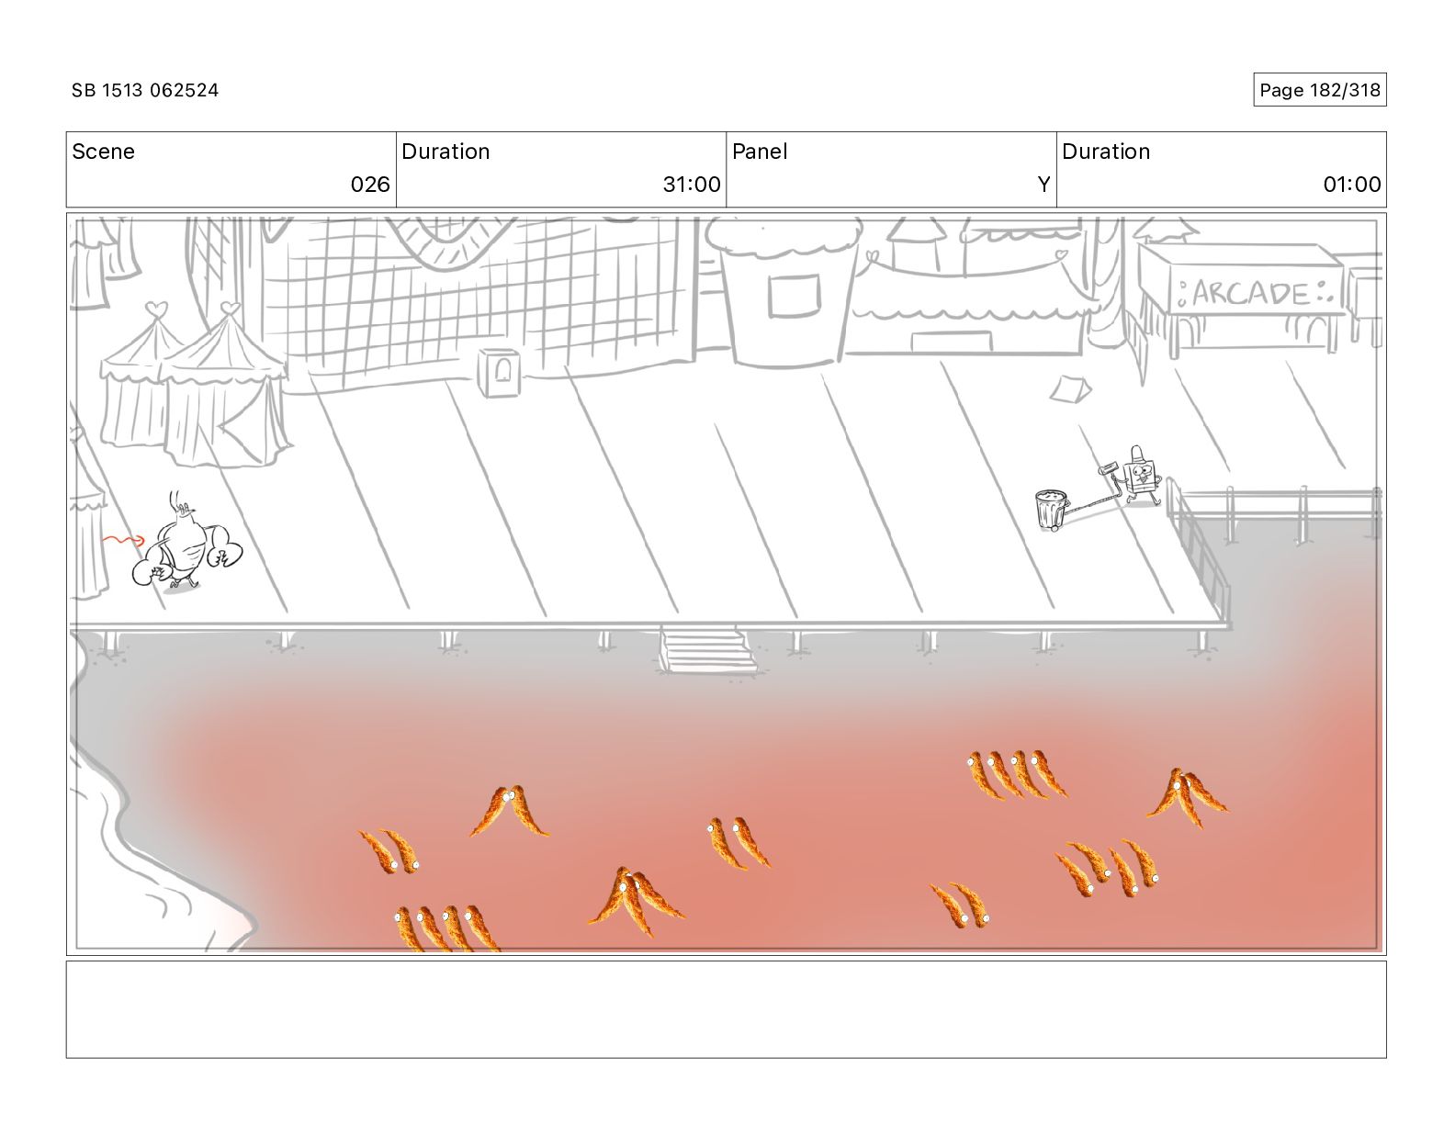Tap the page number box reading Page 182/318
point(1319,90)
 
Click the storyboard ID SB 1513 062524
point(145,90)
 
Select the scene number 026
point(370,185)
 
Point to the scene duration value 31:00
point(692,185)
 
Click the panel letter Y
point(1043,185)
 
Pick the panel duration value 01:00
point(1351,185)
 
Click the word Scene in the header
point(103,152)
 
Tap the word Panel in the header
point(760,152)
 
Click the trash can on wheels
point(1051,511)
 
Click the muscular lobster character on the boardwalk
point(187,549)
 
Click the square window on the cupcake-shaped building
point(794,296)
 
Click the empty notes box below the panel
point(726,1009)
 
